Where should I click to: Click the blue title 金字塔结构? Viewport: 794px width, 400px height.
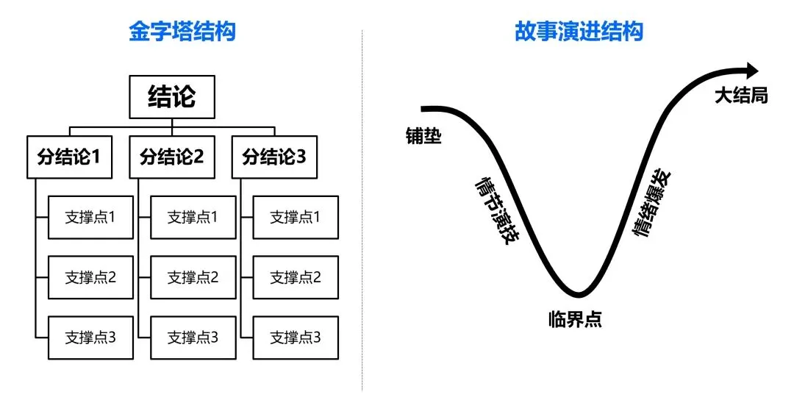pos(182,32)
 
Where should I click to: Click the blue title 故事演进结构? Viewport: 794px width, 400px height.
pos(579,32)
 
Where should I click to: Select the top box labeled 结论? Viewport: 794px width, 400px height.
pos(172,96)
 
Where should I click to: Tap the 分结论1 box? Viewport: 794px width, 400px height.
pos(69,157)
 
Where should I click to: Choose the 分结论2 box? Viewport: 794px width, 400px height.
pos(172,157)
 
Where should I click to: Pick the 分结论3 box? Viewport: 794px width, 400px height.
pos(274,157)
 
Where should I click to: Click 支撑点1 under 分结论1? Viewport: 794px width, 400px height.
pos(90,217)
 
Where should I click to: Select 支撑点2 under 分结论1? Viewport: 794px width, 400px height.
pos(90,277)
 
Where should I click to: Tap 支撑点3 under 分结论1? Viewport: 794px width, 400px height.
pos(90,337)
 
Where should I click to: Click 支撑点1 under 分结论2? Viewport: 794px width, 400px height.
pos(193,217)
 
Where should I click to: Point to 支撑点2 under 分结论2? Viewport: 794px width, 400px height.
pos(193,277)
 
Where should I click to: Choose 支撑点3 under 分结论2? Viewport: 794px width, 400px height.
pos(193,337)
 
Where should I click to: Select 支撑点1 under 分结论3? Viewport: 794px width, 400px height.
pos(296,217)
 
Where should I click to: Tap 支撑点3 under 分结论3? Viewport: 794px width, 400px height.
pos(296,337)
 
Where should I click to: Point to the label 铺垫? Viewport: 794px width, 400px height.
pos(424,135)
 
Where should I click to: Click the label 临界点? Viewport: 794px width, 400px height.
pos(575,319)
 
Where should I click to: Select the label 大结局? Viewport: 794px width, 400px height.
pos(741,96)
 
